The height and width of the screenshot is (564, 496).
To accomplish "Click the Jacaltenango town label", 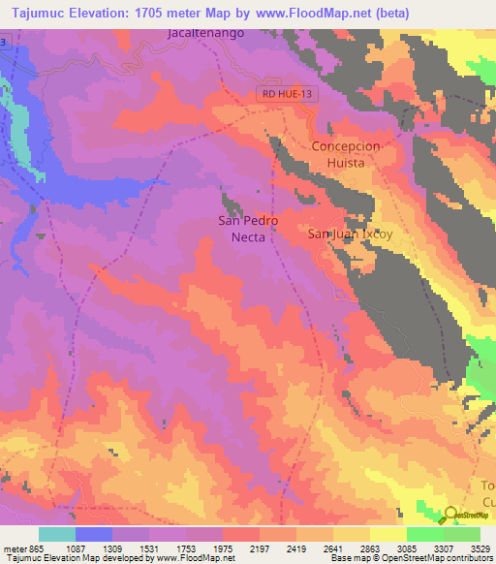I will (x=206, y=32).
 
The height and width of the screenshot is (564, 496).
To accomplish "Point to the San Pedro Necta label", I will (x=241, y=227).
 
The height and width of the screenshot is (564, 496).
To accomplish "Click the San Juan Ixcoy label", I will (x=350, y=234).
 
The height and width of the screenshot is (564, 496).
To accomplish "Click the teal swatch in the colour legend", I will (x=57, y=534).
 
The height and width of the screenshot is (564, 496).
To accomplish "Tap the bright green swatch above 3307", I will (x=425, y=534).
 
